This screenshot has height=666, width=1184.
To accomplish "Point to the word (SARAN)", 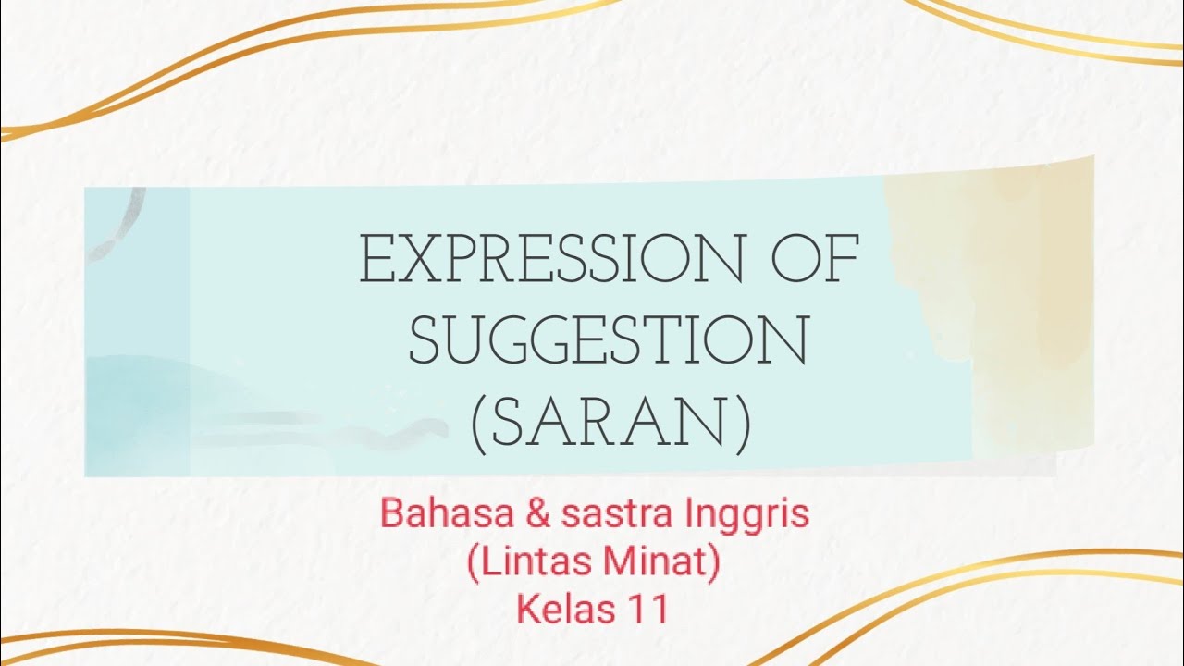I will tap(610, 425).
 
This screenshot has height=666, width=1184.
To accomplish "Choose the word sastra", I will tap(605, 515).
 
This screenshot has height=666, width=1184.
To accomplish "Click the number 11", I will tap(647, 610).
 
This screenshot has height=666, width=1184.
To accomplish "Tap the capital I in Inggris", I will tap(686, 515).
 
